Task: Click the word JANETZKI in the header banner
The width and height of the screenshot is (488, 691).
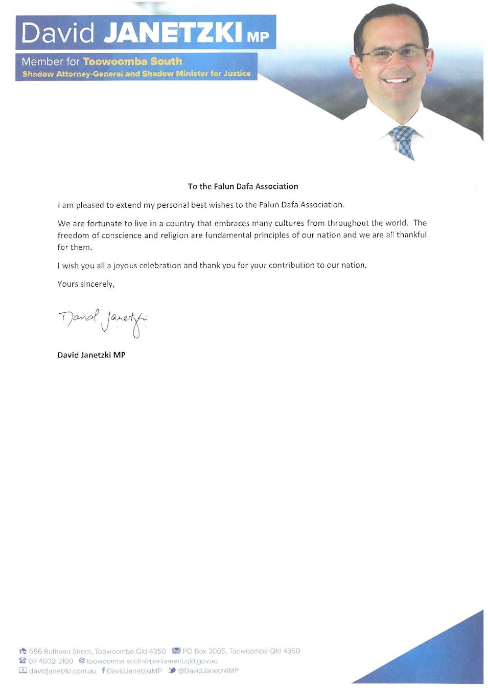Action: pyautogui.click(x=173, y=32)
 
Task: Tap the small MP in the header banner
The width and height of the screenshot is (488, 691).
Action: pyautogui.click(x=258, y=37)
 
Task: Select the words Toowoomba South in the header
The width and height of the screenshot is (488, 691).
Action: pyautogui.click(x=132, y=61)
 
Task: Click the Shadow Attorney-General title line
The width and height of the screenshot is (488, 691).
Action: pyautogui.click(x=136, y=74)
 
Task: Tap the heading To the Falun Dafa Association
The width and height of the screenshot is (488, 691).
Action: pyautogui.click(x=243, y=186)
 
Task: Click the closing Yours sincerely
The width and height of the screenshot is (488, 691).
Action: pyautogui.click(x=86, y=284)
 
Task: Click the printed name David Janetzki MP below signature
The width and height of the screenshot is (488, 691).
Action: pyautogui.click(x=91, y=355)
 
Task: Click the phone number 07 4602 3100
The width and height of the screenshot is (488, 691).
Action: pyautogui.click(x=51, y=661)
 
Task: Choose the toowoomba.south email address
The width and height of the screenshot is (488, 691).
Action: pyautogui.click(x=152, y=661)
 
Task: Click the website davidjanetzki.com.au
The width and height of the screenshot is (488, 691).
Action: pyautogui.click(x=62, y=671)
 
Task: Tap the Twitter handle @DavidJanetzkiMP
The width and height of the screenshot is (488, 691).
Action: pyautogui.click(x=208, y=671)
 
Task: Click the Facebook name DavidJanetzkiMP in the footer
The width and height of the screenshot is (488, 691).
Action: pyautogui.click(x=134, y=671)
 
